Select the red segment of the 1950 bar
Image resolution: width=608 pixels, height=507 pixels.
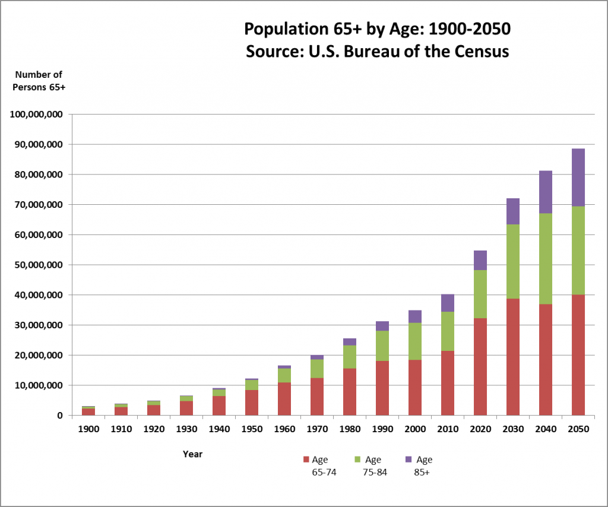pos(251,403)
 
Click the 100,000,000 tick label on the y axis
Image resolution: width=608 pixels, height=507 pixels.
pos(37,114)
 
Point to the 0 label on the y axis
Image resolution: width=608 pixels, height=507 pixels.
pos(61,416)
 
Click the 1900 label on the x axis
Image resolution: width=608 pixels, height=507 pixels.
pos(88,429)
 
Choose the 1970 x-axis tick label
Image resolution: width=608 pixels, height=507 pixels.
pos(316,429)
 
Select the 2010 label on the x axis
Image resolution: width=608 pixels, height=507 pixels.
pos(447,429)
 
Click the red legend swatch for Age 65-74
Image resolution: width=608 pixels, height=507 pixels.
pos(306,460)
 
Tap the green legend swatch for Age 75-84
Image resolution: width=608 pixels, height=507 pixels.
pos(359,460)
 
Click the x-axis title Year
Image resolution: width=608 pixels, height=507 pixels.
pos(192,454)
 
